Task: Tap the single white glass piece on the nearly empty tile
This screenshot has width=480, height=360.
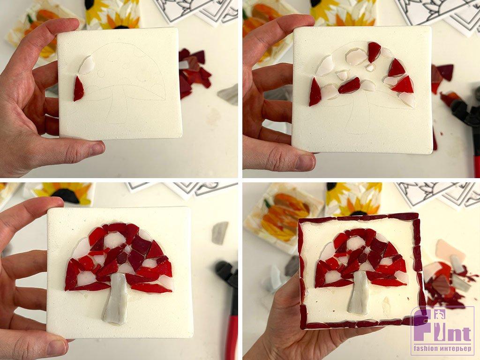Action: [87, 65]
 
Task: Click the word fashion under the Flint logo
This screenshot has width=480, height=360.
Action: [426, 348]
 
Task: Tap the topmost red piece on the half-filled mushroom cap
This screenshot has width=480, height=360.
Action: [374, 52]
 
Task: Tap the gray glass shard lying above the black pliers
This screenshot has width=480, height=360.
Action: [220, 232]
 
